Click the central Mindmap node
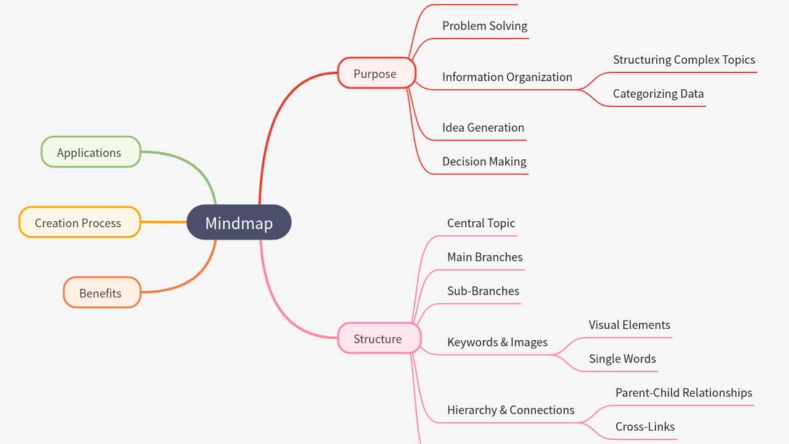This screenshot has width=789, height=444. [x=239, y=223]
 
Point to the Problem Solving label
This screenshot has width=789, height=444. [x=484, y=26]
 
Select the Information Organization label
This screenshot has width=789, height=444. [x=507, y=77]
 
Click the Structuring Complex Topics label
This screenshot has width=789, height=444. [x=684, y=60]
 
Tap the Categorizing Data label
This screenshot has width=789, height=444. [x=658, y=94]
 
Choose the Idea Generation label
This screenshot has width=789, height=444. [x=483, y=128]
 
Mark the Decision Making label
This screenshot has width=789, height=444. [x=484, y=162]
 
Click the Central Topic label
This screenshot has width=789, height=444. [x=481, y=223]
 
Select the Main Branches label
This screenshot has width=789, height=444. [x=484, y=257]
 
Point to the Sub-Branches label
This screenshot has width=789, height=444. [x=483, y=291]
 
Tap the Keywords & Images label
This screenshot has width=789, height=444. [x=497, y=342]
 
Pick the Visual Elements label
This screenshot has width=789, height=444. [x=629, y=325]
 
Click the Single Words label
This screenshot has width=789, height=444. [x=622, y=359]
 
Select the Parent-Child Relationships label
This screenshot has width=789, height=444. [x=684, y=393]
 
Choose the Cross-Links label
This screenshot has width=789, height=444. [x=645, y=427]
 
